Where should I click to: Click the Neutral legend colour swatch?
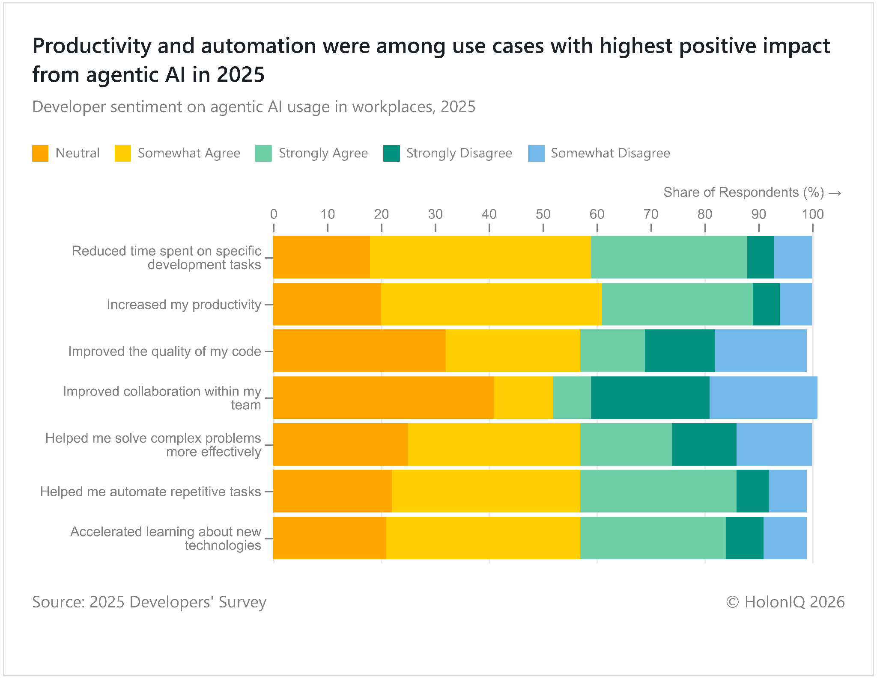pos(40,154)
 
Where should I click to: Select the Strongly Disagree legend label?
pos(459,153)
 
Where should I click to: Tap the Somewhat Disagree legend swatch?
pos(536,154)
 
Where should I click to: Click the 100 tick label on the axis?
pos(812,214)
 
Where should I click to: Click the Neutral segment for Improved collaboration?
pos(384,398)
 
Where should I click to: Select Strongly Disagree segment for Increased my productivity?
pos(766,304)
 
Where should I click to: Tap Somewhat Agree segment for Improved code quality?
pos(513,351)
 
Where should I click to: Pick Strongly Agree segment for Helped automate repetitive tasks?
pos(658,491)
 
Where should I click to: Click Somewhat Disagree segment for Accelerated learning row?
pos(785,538)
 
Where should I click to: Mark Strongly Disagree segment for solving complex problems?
pos(704,444)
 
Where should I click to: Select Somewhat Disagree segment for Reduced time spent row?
pos(793,257)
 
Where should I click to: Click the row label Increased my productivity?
pos(184,305)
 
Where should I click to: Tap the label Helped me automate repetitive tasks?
pos(150,492)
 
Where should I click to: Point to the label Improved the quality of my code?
pos(164,352)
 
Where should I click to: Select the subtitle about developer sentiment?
pos(254,107)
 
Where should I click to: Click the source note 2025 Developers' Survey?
pos(149,602)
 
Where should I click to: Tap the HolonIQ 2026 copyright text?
pos(785,602)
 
